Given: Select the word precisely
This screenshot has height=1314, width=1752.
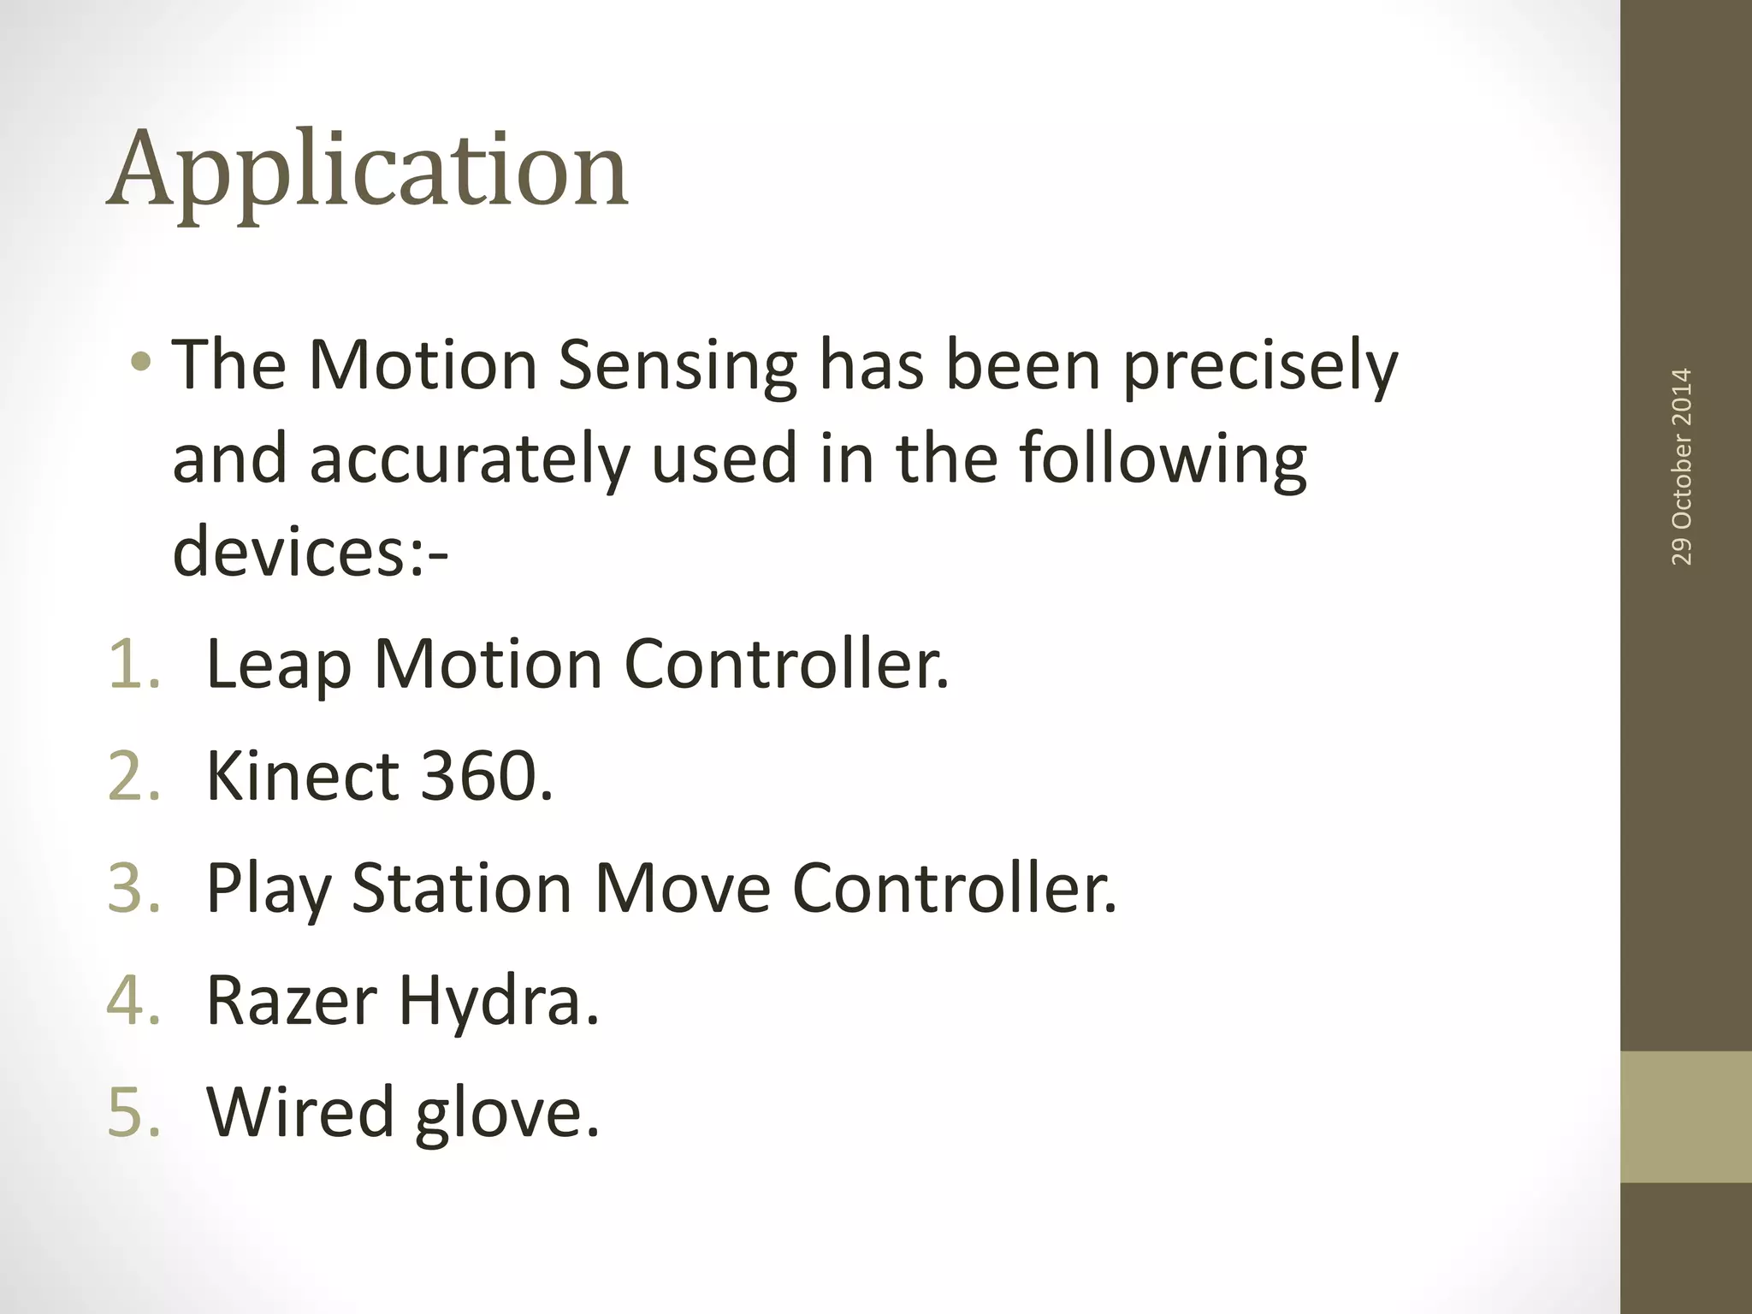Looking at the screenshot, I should (x=1259, y=366).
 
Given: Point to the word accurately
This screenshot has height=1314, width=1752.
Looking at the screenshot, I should (x=469, y=459).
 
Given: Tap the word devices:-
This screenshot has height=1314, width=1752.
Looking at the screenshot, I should (x=310, y=551).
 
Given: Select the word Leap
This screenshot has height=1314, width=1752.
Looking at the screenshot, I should (x=279, y=664).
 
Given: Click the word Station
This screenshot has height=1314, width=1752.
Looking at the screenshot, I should (x=462, y=888).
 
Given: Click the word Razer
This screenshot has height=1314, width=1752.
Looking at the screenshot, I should (x=291, y=1000).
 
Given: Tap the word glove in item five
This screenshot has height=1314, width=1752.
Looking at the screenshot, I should (x=505, y=1112).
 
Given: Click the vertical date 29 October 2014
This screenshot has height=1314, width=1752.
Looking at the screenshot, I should (x=1681, y=466).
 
